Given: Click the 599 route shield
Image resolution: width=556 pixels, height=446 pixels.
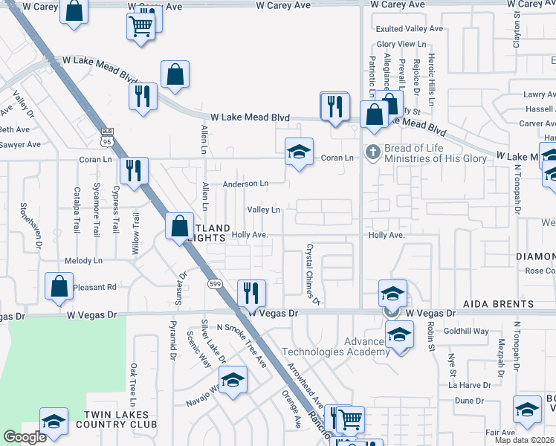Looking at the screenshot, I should [x=216, y=284].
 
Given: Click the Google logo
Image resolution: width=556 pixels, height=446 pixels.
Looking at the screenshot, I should [x=25, y=437].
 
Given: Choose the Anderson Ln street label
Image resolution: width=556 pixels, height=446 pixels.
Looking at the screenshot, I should [x=245, y=184].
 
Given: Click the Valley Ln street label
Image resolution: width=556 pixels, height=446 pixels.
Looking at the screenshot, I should [x=264, y=210].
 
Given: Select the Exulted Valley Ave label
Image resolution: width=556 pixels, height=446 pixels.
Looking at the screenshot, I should [x=409, y=29].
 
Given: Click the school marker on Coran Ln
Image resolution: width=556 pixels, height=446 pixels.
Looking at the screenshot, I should [x=299, y=152].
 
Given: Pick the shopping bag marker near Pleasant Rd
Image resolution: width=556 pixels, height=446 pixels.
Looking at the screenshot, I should [x=59, y=285].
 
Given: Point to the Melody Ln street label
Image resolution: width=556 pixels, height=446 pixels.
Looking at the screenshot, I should [x=83, y=261].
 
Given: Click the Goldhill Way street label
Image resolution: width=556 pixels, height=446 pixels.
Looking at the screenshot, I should [x=468, y=331].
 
